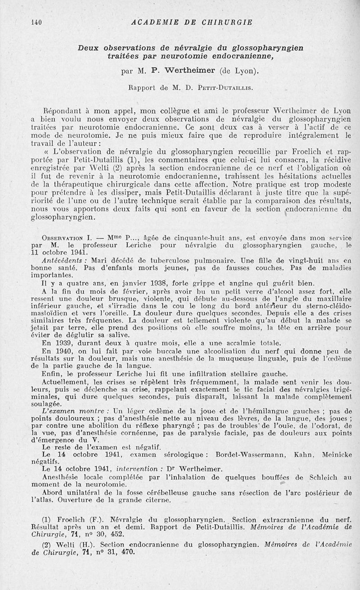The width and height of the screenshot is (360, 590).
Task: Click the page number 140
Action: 36,22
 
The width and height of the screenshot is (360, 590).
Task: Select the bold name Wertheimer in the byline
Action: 188,70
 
